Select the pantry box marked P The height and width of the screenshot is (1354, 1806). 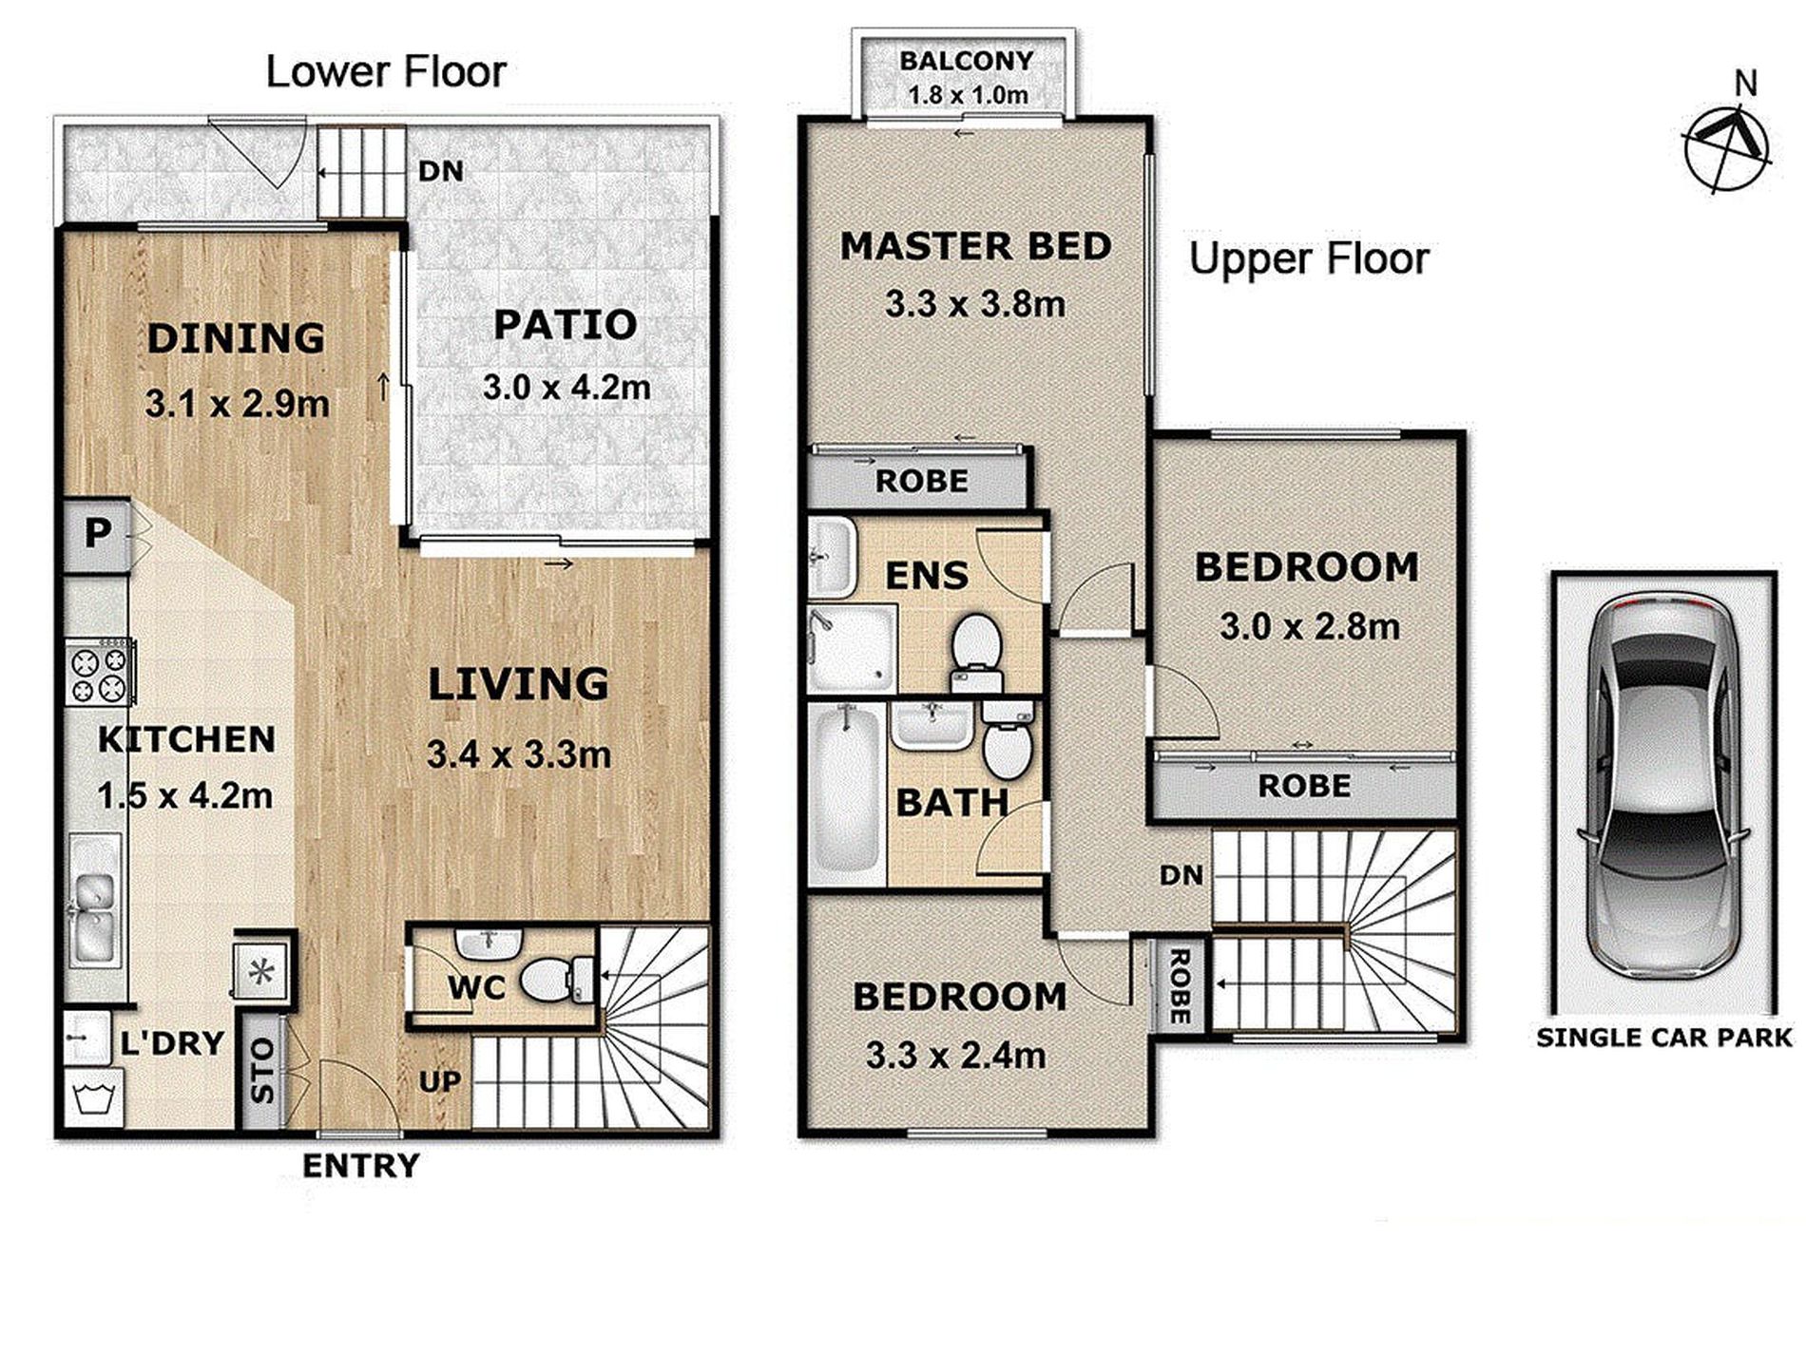point(97,535)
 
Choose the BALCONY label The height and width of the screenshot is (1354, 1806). point(967,61)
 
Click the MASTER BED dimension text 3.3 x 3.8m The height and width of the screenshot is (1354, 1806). point(975,305)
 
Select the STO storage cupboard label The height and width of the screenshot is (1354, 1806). point(262,1071)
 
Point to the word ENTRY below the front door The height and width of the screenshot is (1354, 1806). point(361,1166)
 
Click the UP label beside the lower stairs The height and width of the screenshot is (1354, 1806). point(440,1082)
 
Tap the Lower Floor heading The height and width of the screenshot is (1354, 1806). point(386,72)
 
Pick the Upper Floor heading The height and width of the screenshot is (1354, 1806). point(1309,259)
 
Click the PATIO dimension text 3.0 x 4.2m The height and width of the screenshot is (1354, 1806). point(567,388)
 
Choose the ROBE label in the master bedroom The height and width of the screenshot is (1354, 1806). point(921,482)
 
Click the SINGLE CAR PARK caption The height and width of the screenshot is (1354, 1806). point(1664,1038)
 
